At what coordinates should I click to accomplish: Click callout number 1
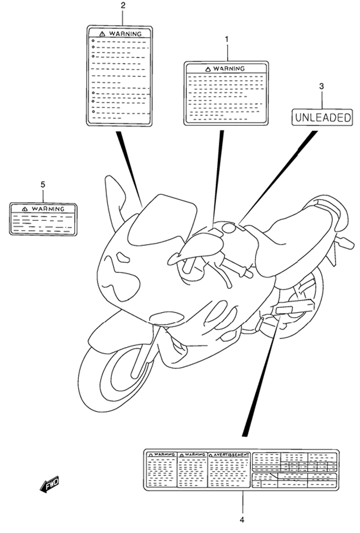point(227,39)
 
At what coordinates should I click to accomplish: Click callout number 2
point(123,5)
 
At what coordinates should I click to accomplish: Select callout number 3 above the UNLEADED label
point(322,86)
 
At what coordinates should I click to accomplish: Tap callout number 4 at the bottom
point(242,520)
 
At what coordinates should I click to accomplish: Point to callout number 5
point(43,184)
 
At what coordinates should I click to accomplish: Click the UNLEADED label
point(322,117)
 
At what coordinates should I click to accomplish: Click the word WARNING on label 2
point(125,34)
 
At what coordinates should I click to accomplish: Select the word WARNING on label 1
point(229,69)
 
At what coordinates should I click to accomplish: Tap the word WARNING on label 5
point(48,209)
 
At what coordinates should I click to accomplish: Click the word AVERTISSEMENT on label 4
point(232,454)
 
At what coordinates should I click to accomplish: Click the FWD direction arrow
point(50,484)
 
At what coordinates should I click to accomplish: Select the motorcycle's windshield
point(162,220)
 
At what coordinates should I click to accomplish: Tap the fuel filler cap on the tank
point(228,227)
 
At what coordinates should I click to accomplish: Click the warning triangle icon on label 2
point(102,34)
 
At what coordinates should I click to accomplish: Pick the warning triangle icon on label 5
point(24,209)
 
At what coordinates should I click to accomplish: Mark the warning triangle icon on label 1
point(208,69)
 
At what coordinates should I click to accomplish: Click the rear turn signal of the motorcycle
point(344,242)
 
